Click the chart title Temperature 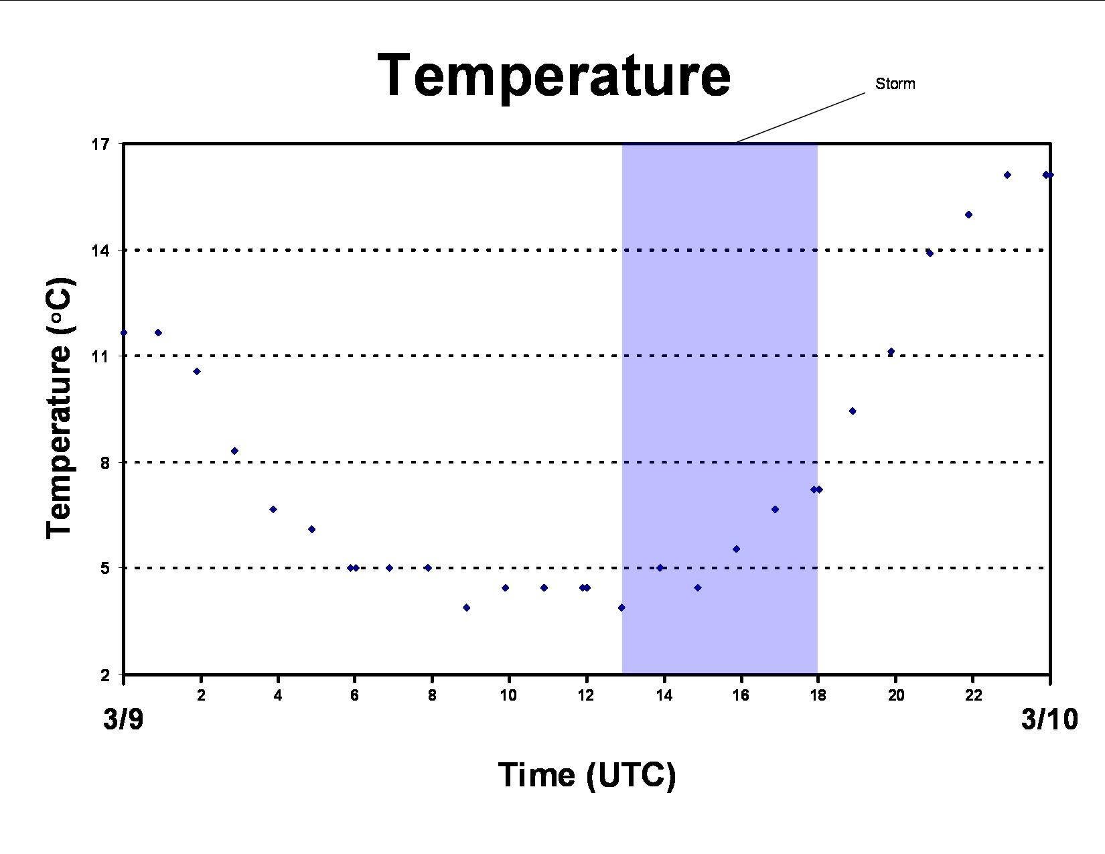pyautogui.click(x=555, y=75)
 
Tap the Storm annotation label pyautogui.click(x=895, y=84)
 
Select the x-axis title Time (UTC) pyautogui.click(x=587, y=775)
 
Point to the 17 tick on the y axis pyautogui.click(x=100, y=145)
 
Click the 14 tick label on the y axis pyautogui.click(x=100, y=251)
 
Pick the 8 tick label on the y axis pyautogui.click(x=105, y=462)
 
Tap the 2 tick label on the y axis pyautogui.click(x=105, y=675)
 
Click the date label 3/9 pyautogui.click(x=124, y=719)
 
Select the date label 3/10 pyautogui.click(x=1049, y=719)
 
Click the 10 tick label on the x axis pyautogui.click(x=508, y=695)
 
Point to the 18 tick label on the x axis pyautogui.click(x=818, y=695)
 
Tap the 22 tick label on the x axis pyautogui.click(x=973, y=695)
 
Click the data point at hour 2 pyautogui.click(x=197, y=371)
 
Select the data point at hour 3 pyautogui.click(x=234, y=451)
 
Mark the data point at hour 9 pyautogui.click(x=466, y=608)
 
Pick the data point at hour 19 pyautogui.click(x=853, y=411)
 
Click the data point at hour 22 pyautogui.click(x=969, y=214)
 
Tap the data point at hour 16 pyautogui.click(x=736, y=549)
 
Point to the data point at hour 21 pyautogui.click(x=930, y=253)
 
